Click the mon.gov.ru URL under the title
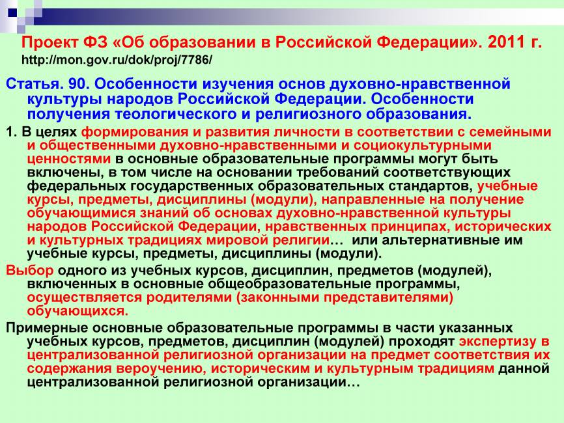tap(117, 61)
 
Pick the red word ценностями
tap(70, 158)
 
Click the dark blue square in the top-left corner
tap(12, 12)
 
